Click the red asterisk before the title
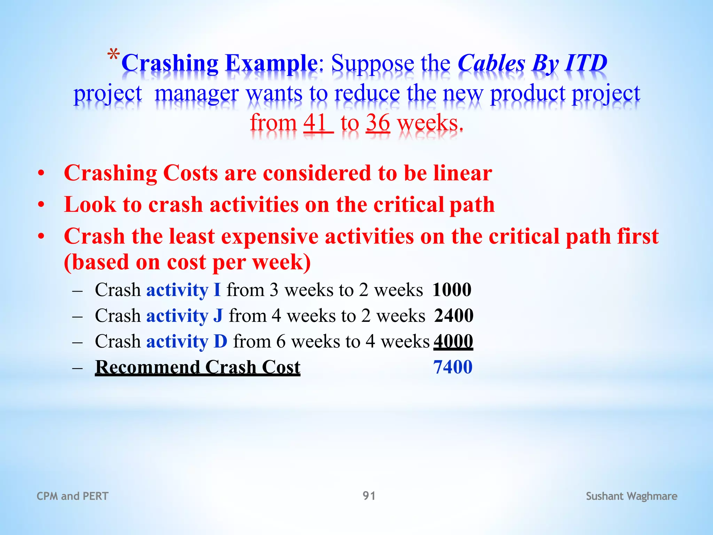click(x=113, y=56)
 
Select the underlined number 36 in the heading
click(x=378, y=123)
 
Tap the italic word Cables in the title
click(x=491, y=63)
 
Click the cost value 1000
click(x=452, y=290)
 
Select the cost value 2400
click(x=454, y=316)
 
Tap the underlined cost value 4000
click(x=453, y=341)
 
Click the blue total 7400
click(x=453, y=367)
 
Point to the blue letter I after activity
click(x=217, y=290)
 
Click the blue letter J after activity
click(x=218, y=316)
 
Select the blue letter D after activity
click(x=220, y=341)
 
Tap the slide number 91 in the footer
click(x=369, y=496)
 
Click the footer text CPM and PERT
click(x=72, y=496)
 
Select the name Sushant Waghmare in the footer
click(x=631, y=496)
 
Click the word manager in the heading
click(x=197, y=94)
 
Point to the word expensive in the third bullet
click(x=269, y=237)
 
